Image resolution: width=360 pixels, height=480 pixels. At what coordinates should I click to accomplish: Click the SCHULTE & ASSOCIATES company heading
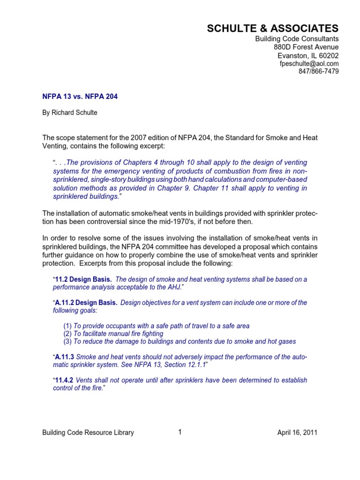click(x=273, y=29)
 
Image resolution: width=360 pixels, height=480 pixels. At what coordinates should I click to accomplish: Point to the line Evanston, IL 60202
click(x=308, y=55)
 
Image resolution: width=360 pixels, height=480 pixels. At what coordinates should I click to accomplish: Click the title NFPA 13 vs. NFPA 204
click(x=80, y=97)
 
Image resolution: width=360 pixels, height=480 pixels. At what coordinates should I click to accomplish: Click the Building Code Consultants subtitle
click(x=297, y=38)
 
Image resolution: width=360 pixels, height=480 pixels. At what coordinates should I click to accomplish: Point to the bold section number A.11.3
click(x=65, y=357)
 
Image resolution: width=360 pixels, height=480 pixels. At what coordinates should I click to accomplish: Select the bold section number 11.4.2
click(x=64, y=381)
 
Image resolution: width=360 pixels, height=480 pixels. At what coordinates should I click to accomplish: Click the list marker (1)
click(x=67, y=326)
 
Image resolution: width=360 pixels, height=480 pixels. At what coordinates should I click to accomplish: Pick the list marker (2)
click(x=67, y=334)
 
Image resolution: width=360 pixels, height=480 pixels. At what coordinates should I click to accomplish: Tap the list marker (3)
click(x=67, y=342)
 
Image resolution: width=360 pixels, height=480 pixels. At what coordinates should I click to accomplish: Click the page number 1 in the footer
click(x=180, y=432)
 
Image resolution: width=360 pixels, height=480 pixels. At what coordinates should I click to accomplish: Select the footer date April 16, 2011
click(x=297, y=433)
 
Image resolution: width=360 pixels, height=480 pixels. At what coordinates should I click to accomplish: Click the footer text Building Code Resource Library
click(x=88, y=433)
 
